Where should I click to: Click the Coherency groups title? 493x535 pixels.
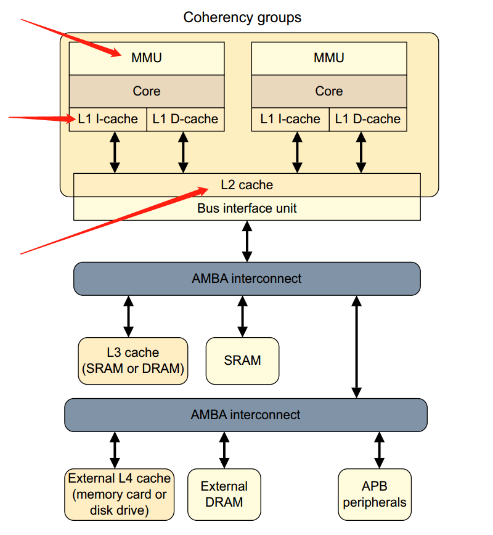click(242, 17)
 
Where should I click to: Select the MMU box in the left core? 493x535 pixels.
click(146, 58)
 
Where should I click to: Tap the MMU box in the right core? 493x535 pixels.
click(328, 58)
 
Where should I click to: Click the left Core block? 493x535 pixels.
click(146, 91)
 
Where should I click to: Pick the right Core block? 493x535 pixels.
click(328, 91)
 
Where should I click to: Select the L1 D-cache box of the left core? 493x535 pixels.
click(185, 119)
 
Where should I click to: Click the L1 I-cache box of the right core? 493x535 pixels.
click(290, 119)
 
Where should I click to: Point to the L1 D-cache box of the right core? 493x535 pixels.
click(368, 119)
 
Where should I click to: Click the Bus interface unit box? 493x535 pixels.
click(246, 208)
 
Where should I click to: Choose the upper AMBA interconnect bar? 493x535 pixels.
click(246, 279)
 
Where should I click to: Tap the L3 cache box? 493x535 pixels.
click(132, 361)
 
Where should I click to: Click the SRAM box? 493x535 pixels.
click(242, 361)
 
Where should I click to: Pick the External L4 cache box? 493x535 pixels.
click(119, 494)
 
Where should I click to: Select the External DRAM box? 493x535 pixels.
click(224, 494)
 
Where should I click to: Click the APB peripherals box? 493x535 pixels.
click(375, 494)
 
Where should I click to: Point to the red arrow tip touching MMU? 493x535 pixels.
click(121, 55)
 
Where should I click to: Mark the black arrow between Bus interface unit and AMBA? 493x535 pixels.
click(246, 241)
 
